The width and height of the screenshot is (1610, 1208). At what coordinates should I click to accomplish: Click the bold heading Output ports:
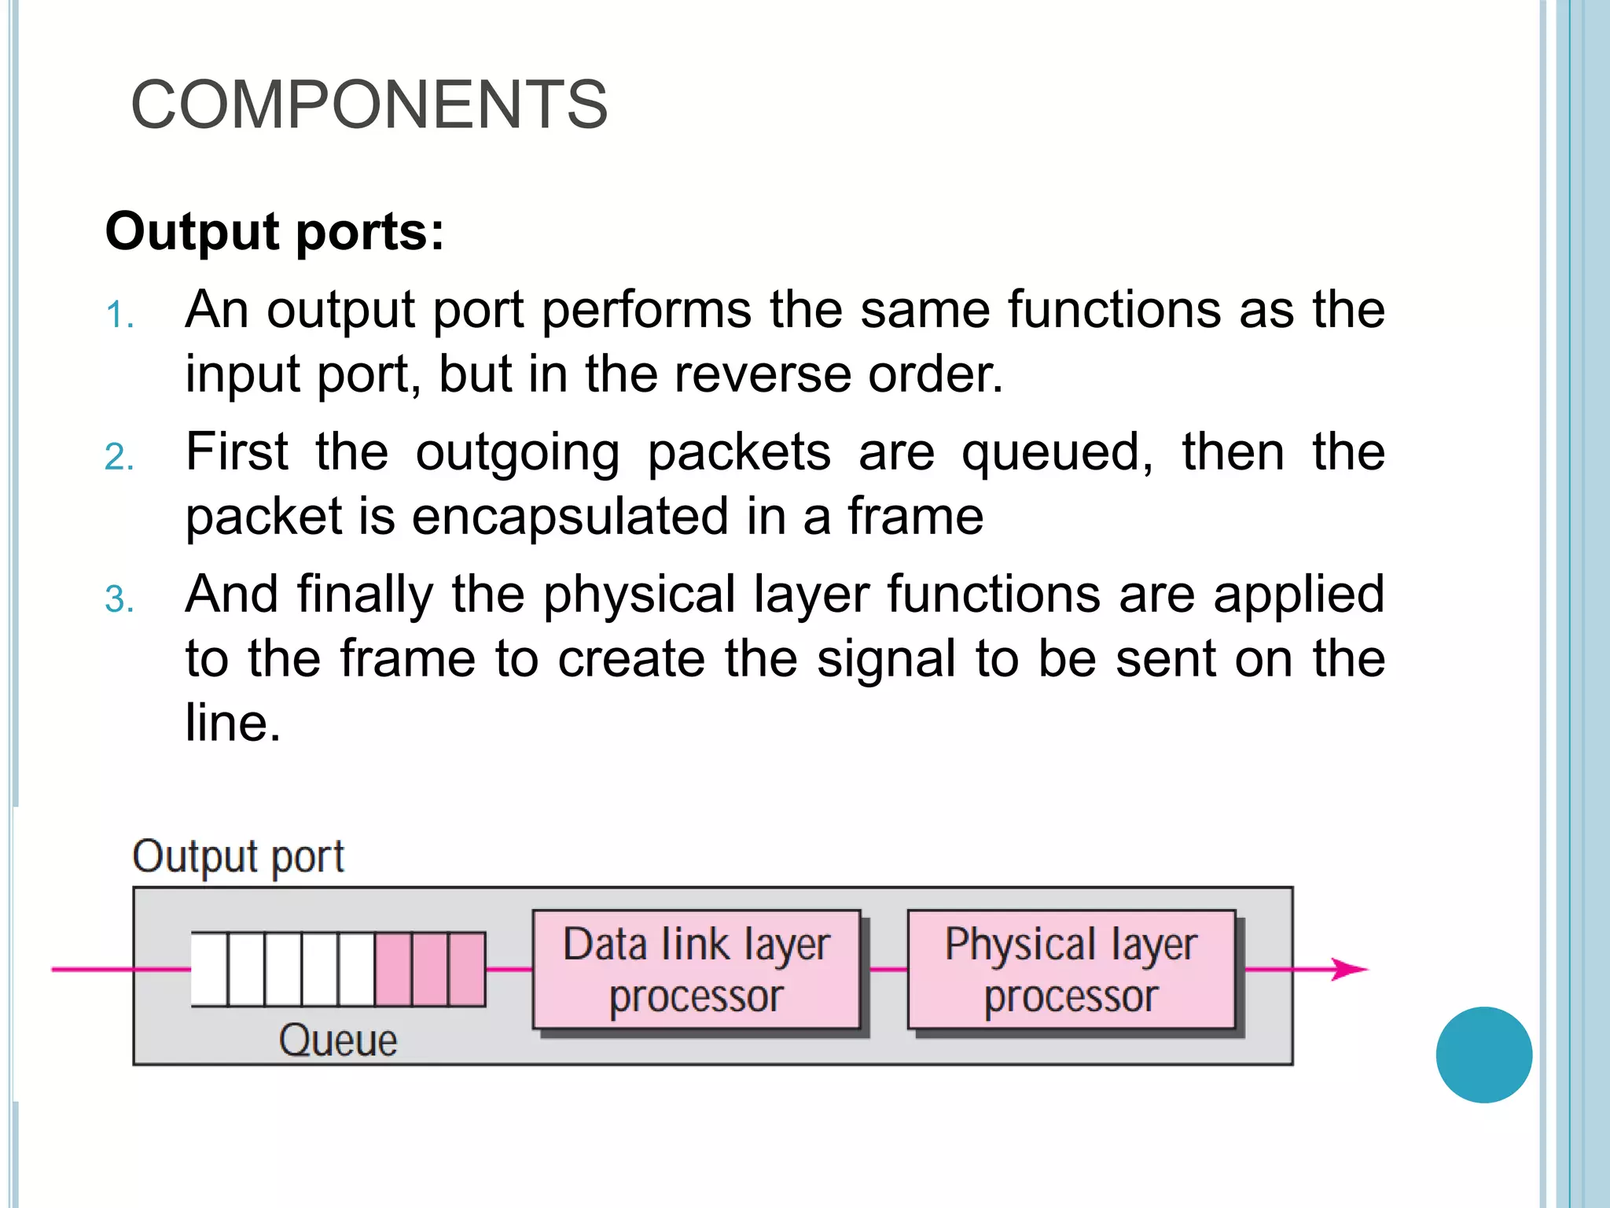(x=274, y=232)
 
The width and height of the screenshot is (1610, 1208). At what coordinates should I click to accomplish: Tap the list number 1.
(x=119, y=315)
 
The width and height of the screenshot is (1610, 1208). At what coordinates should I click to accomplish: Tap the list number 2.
(x=119, y=458)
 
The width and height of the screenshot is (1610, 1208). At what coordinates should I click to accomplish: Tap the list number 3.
(x=119, y=600)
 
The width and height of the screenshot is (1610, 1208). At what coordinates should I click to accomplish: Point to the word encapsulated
(x=570, y=517)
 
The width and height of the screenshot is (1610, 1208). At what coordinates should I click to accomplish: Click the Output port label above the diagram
(x=238, y=856)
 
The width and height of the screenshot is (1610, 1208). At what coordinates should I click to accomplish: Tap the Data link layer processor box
(x=696, y=969)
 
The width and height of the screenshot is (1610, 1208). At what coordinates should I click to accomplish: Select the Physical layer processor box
(x=1071, y=969)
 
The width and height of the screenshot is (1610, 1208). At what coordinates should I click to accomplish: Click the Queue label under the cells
(x=338, y=1040)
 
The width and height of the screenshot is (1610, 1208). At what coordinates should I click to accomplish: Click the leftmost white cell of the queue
(x=209, y=969)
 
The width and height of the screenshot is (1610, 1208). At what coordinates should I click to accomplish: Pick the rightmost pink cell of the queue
(x=467, y=969)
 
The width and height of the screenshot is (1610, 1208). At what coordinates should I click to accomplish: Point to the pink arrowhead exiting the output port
(x=1350, y=969)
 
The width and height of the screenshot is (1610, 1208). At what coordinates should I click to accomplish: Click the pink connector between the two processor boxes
(x=888, y=969)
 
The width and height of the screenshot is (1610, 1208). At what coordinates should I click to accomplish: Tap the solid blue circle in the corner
(x=1483, y=1055)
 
